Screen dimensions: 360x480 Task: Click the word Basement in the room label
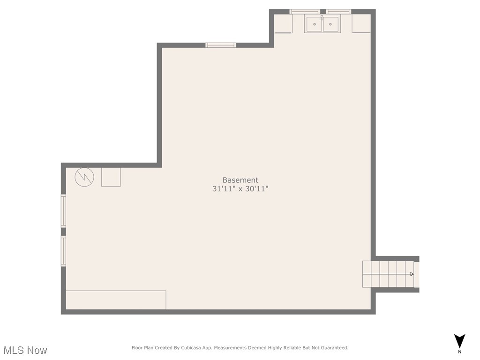click(x=240, y=180)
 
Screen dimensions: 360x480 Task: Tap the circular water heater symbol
click(x=84, y=177)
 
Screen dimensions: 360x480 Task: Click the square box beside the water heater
click(x=111, y=177)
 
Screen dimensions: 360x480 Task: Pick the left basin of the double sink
click(x=314, y=24)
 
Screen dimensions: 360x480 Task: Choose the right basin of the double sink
click(x=330, y=24)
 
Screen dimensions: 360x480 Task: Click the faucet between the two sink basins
click(x=322, y=18)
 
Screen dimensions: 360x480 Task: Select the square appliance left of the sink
click(x=283, y=23)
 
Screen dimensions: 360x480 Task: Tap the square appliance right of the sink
click(x=361, y=23)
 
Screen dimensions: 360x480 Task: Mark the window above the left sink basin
click(x=305, y=12)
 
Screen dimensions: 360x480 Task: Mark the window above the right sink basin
click(x=338, y=12)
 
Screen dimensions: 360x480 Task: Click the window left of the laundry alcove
click(x=220, y=45)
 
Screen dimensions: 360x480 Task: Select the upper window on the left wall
click(x=63, y=211)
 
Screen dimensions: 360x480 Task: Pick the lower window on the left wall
click(x=63, y=251)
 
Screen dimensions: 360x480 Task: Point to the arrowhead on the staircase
click(x=412, y=274)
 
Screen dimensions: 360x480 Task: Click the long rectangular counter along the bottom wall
click(x=116, y=300)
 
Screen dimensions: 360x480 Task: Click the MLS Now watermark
click(x=25, y=350)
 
